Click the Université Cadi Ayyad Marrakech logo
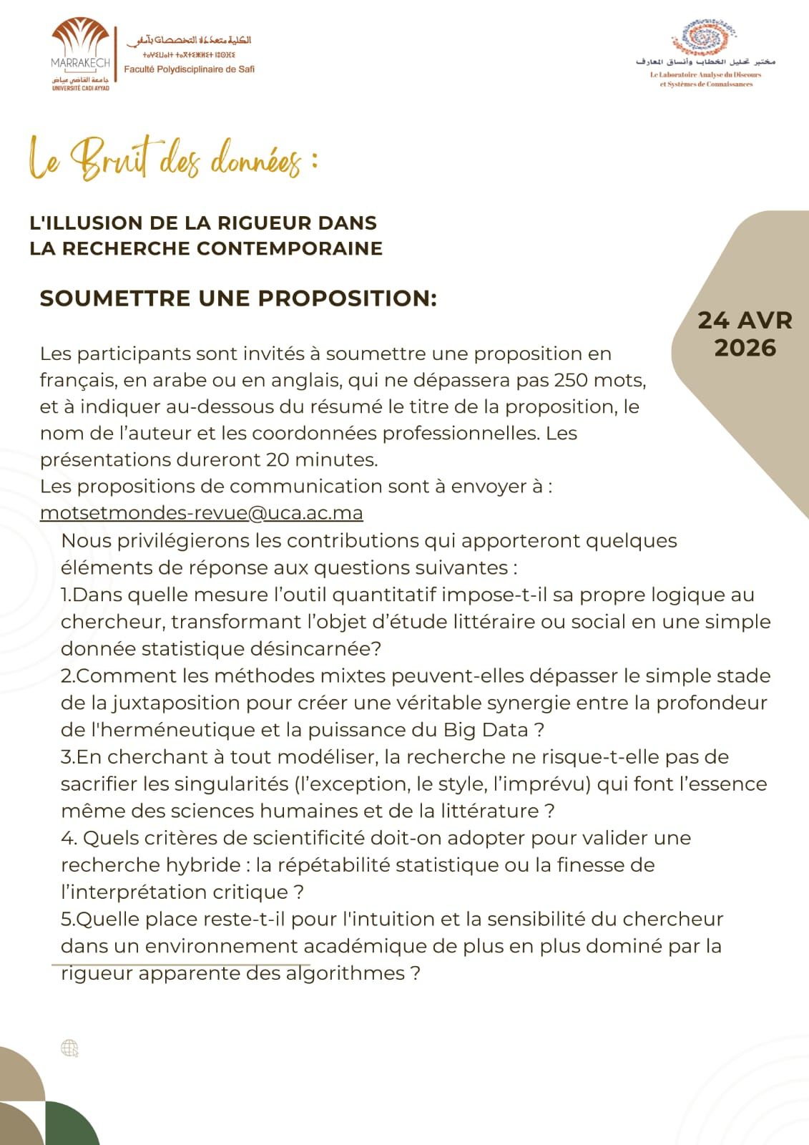pyautogui.click(x=81, y=55)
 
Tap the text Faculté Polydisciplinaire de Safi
pyautogui.click(x=190, y=69)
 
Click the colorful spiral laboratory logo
pyautogui.click(x=705, y=37)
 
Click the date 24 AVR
pyautogui.click(x=745, y=320)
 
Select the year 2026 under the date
pyautogui.click(x=745, y=348)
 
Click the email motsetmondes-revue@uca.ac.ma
pyautogui.click(x=202, y=513)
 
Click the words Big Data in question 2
pyautogui.click(x=486, y=730)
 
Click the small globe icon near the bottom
pyautogui.click(x=69, y=1048)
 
